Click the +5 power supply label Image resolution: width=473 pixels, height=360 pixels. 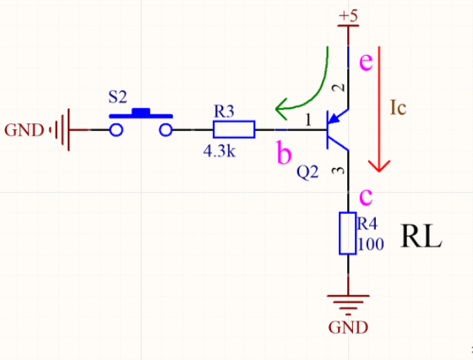click(x=348, y=16)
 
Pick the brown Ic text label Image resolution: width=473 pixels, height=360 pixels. click(x=400, y=107)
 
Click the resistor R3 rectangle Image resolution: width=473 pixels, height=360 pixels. click(x=234, y=129)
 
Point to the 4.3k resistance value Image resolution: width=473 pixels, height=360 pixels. click(x=219, y=152)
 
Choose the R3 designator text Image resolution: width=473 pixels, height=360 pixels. click(x=225, y=110)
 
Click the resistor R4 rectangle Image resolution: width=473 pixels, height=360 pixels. click(x=347, y=234)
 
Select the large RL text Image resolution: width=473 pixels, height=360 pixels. click(x=421, y=237)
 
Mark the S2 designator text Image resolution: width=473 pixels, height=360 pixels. click(x=118, y=97)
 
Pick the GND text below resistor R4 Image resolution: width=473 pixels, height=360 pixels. click(x=348, y=327)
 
